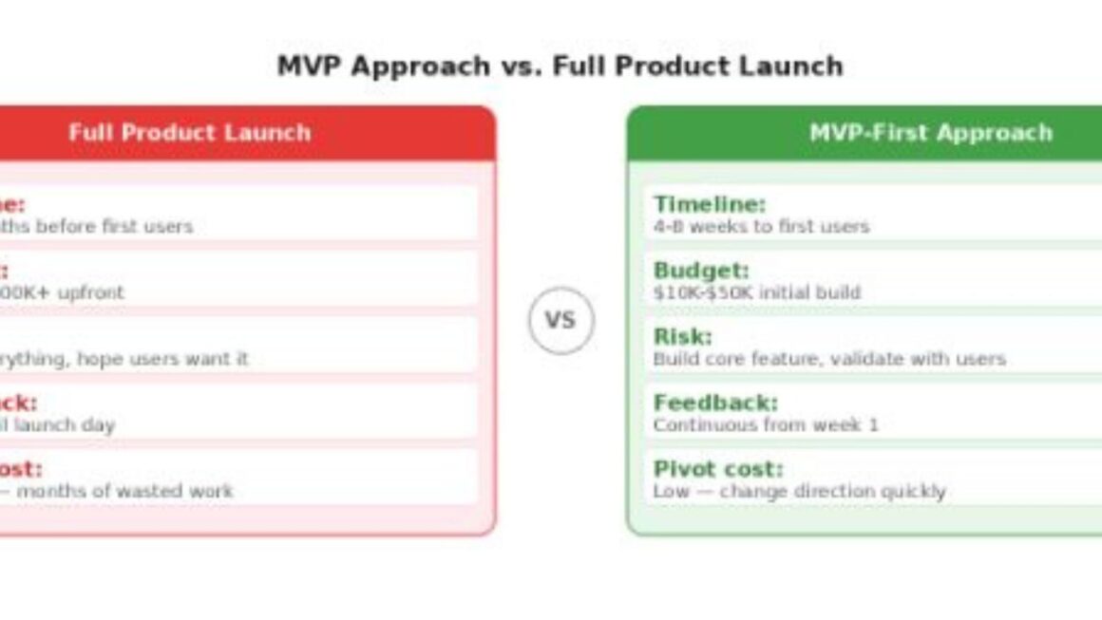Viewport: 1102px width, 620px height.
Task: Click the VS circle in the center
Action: pyautogui.click(x=560, y=321)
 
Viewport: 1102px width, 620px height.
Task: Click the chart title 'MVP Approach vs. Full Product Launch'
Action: pyautogui.click(x=560, y=66)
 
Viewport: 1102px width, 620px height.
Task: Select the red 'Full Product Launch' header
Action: pyautogui.click(x=190, y=133)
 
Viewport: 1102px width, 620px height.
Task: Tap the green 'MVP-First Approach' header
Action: pyautogui.click(x=930, y=133)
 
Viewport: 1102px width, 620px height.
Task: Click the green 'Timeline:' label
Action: pyautogui.click(x=709, y=204)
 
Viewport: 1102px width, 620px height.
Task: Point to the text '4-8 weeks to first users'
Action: pyautogui.click(x=761, y=227)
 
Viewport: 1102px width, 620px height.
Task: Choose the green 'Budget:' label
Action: pyautogui.click(x=701, y=271)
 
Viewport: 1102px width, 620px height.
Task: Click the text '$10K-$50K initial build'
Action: pyautogui.click(x=756, y=293)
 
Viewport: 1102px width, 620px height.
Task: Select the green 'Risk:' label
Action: pyautogui.click(x=682, y=337)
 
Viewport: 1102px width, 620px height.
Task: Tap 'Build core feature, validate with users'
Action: pyautogui.click(x=828, y=360)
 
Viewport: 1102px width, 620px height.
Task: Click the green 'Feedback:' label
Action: pyautogui.click(x=714, y=403)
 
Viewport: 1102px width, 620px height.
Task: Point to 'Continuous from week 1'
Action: pyautogui.click(x=765, y=425)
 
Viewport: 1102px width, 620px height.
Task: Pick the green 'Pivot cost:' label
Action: pyautogui.click(x=717, y=469)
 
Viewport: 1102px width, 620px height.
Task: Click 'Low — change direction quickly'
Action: pyautogui.click(x=799, y=492)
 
